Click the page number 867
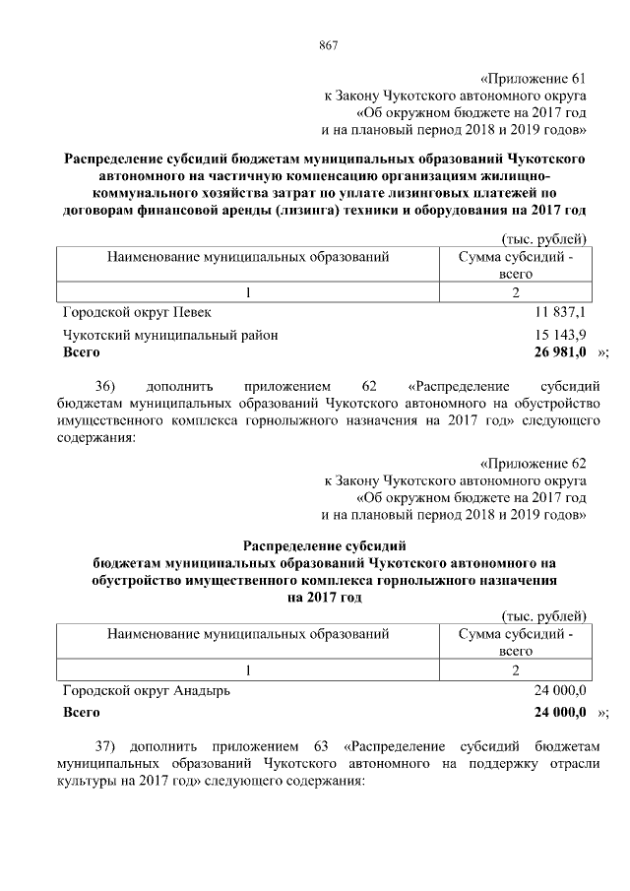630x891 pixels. click(x=329, y=45)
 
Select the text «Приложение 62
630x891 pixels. click(x=534, y=462)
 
